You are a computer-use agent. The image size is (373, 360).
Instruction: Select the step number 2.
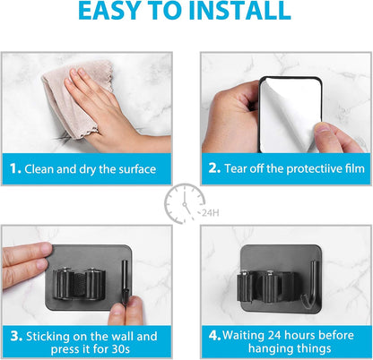click(x=213, y=168)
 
